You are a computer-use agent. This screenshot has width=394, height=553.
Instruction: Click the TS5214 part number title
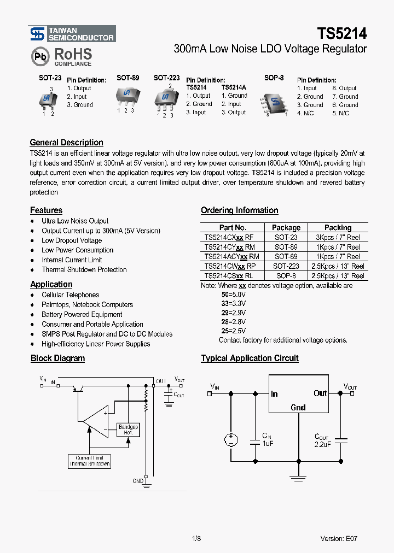[x=342, y=34]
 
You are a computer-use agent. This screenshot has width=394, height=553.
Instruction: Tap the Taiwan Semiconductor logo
[x=72, y=34]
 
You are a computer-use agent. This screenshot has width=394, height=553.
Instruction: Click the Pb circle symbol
[x=40, y=56]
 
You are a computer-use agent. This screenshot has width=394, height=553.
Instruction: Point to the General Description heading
[x=66, y=143]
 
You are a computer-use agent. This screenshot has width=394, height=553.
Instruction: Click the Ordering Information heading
[x=239, y=210]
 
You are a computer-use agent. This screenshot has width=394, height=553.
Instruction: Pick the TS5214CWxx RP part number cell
[x=229, y=266]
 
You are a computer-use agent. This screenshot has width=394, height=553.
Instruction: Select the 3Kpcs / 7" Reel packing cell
[x=338, y=237]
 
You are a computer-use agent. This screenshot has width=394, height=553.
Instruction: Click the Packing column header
[x=338, y=227]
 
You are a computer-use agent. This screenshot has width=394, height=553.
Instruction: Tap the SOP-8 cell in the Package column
[x=286, y=276]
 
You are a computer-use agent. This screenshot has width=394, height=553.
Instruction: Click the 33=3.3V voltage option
[x=233, y=303]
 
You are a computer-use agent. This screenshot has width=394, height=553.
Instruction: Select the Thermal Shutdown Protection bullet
[x=84, y=270]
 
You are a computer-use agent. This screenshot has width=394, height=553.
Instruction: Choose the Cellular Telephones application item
[x=70, y=295]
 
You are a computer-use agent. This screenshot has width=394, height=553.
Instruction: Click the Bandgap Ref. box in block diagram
[x=129, y=430]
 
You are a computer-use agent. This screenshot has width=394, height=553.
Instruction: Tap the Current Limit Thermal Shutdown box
[x=90, y=461]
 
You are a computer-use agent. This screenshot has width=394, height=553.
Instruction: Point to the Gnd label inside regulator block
[x=298, y=408]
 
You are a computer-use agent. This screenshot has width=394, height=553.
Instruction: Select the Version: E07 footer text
[x=339, y=538]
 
